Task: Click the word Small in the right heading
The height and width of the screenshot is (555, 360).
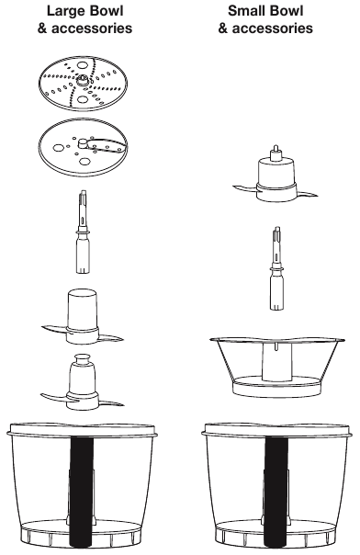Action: point(245,11)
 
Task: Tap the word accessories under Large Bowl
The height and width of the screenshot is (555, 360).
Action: point(92,28)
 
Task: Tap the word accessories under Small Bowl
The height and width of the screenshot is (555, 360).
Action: point(273,28)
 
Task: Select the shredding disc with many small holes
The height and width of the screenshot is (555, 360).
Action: point(83,84)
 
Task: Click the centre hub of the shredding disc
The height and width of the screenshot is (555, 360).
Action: point(83,80)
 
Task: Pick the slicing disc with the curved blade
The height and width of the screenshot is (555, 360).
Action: point(83,147)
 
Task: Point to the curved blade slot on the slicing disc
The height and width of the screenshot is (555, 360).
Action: point(107,145)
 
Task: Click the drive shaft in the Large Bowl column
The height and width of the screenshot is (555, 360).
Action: point(83,232)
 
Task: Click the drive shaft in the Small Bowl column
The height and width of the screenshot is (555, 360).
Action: point(277,268)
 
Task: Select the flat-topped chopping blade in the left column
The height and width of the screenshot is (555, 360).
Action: point(83,317)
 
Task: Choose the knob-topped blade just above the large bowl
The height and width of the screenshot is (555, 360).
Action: point(83,382)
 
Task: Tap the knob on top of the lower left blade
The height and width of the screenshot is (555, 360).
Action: point(82,358)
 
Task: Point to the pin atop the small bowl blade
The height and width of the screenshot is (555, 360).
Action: point(276,153)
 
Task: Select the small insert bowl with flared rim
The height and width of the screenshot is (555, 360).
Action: point(277,367)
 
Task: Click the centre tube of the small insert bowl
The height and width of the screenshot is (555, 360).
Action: point(277,361)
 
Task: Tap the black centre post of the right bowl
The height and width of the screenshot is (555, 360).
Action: point(276,492)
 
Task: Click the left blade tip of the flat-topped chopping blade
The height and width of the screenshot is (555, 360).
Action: point(42,327)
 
